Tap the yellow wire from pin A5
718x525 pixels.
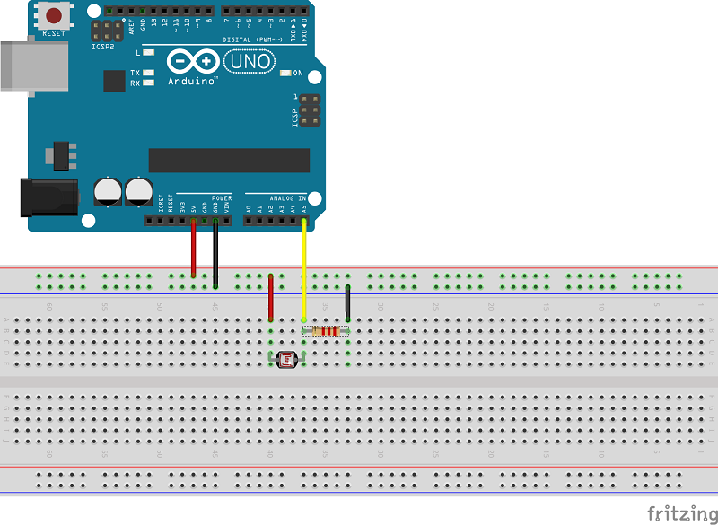304,269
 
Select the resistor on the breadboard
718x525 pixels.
326,331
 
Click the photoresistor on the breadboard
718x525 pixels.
287,360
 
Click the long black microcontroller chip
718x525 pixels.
229,160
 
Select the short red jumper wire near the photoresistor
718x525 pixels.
271,298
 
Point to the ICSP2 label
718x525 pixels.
103,45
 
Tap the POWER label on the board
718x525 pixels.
222,197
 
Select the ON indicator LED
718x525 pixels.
286,73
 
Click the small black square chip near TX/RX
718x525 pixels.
114,81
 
